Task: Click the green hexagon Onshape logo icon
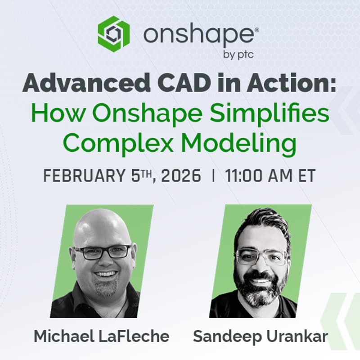pos(113,32)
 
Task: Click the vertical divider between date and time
pos(213,175)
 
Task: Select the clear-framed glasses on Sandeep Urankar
pos(261,257)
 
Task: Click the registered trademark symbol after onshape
pos(256,28)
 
